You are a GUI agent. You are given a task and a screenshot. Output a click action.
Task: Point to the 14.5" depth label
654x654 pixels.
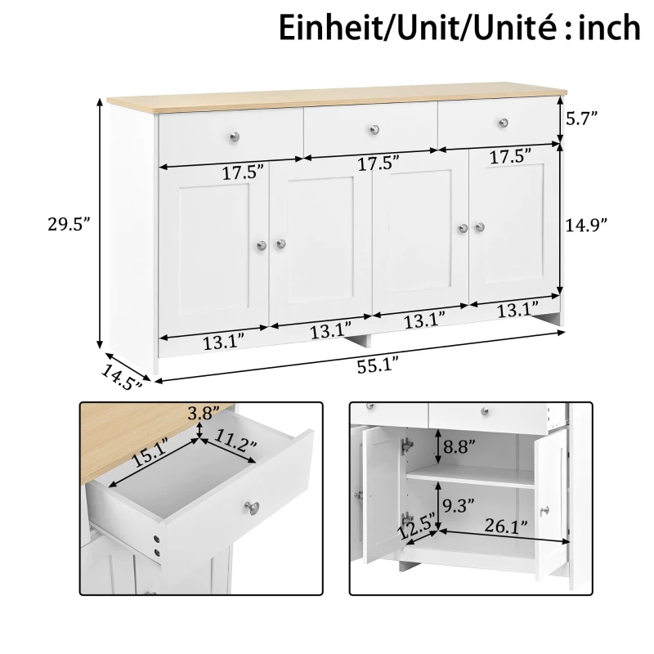click(x=122, y=375)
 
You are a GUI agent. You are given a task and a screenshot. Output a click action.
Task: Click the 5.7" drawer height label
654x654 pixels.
click(x=582, y=118)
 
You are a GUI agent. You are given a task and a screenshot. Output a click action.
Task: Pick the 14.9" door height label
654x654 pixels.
click(x=587, y=226)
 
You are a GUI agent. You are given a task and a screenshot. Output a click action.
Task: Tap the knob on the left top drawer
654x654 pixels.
click(x=236, y=133)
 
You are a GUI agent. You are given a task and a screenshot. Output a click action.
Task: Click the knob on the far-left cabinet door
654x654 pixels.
click(x=262, y=244)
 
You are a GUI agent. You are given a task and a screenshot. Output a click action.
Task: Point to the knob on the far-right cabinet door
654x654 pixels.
click(x=480, y=227)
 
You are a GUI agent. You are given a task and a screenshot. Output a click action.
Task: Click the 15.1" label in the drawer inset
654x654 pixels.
click(x=150, y=452)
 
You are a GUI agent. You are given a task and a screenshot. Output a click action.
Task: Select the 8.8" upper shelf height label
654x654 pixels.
click(x=460, y=449)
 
